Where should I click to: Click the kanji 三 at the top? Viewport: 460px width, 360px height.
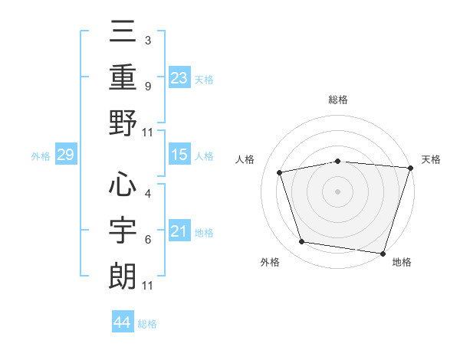pyautogui.click(x=123, y=31)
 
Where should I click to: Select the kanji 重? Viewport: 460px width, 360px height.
pyautogui.click(x=123, y=77)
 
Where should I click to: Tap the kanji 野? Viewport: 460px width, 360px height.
pyautogui.click(x=123, y=123)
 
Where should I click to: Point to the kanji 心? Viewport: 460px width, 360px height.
pyautogui.click(x=123, y=184)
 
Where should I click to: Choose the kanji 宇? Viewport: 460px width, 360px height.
pyautogui.click(x=123, y=230)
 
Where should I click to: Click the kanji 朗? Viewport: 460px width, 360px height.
pyautogui.click(x=123, y=276)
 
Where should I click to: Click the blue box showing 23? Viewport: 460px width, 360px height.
pyautogui.click(x=179, y=77)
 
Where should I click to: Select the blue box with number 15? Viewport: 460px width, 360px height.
pyautogui.click(x=179, y=154)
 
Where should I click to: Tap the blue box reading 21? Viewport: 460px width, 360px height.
pyautogui.click(x=179, y=230)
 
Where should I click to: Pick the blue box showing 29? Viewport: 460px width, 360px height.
pyautogui.click(x=66, y=154)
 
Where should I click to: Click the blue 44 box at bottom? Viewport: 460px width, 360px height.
pyautogui.click(x=123, y=321)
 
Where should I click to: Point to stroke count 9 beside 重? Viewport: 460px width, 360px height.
pyautogui.click(x=148, y=87)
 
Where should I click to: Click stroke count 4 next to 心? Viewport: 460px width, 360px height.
pyautogui.click(x=148, y=194)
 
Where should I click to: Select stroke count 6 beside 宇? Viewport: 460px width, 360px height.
pyautogui.click(x=148, y=240)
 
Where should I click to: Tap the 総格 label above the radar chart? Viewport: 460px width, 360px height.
pyautogui.click(x=338, y=100)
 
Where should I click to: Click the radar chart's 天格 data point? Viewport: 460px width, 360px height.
pyautogui.click(x=411, y=168)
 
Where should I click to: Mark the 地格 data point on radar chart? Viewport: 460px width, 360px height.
pyautogui.click(x=383, y=254)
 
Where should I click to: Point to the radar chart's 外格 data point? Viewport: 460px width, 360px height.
pyautogui.click(x=301, y=242)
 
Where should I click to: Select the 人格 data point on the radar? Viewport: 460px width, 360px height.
pyautogui.click(x=280, y=172)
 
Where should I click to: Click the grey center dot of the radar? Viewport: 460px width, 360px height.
pyautogui.click(x=337, y=191)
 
